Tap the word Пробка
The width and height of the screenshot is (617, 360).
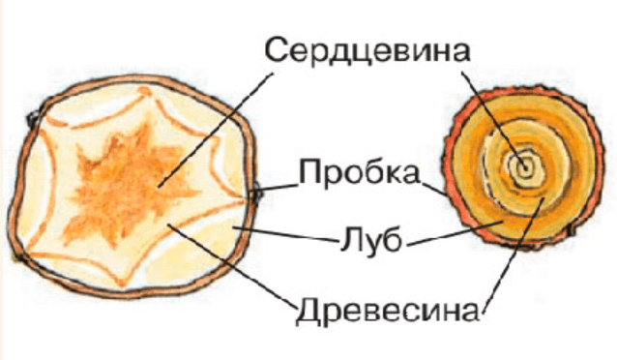click(x=359, y=174)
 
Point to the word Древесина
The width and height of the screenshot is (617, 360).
click(x=386, y=312)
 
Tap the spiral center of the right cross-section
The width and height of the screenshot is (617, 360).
click(x=525, y=166)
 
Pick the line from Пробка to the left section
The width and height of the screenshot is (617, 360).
click(x=279, y=188)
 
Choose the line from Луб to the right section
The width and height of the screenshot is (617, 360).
click(x=455, y=232)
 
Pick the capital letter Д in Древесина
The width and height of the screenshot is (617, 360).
click(x=307, y=313)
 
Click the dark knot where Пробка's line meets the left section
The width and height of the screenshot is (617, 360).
click(x=256, y=194)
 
